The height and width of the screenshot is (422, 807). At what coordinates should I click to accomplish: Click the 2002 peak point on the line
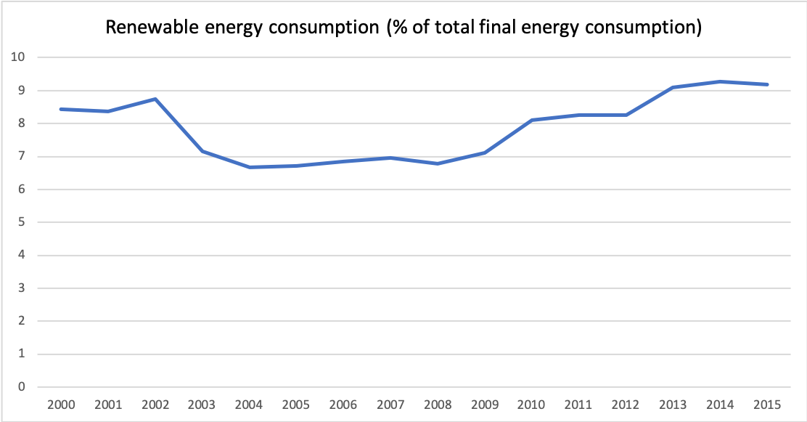tap(156, 99)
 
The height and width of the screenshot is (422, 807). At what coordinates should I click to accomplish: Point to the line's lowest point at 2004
tap(250, 167)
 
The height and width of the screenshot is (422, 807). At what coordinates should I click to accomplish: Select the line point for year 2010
tap(531, 120)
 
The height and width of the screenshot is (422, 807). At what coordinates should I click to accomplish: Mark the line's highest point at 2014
tap(719, 81)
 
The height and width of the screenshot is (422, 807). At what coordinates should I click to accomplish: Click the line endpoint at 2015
tap(766, 84)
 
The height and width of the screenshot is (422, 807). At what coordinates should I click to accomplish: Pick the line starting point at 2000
tap(62, 109)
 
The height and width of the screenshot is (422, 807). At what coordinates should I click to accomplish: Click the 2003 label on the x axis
tap(202, 403)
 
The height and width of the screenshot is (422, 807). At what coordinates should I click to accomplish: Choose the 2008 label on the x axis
tap(438, 403)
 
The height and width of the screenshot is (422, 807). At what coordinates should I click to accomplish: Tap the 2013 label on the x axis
tap(673, 403)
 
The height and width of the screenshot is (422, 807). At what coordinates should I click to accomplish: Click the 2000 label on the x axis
tap(62, 403)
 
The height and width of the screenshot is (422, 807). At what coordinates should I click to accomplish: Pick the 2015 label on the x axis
tap(766, 403)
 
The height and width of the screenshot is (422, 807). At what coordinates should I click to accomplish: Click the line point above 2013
tap(673, 87)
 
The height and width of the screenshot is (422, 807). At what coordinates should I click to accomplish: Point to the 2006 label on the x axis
tap(344, 403)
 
